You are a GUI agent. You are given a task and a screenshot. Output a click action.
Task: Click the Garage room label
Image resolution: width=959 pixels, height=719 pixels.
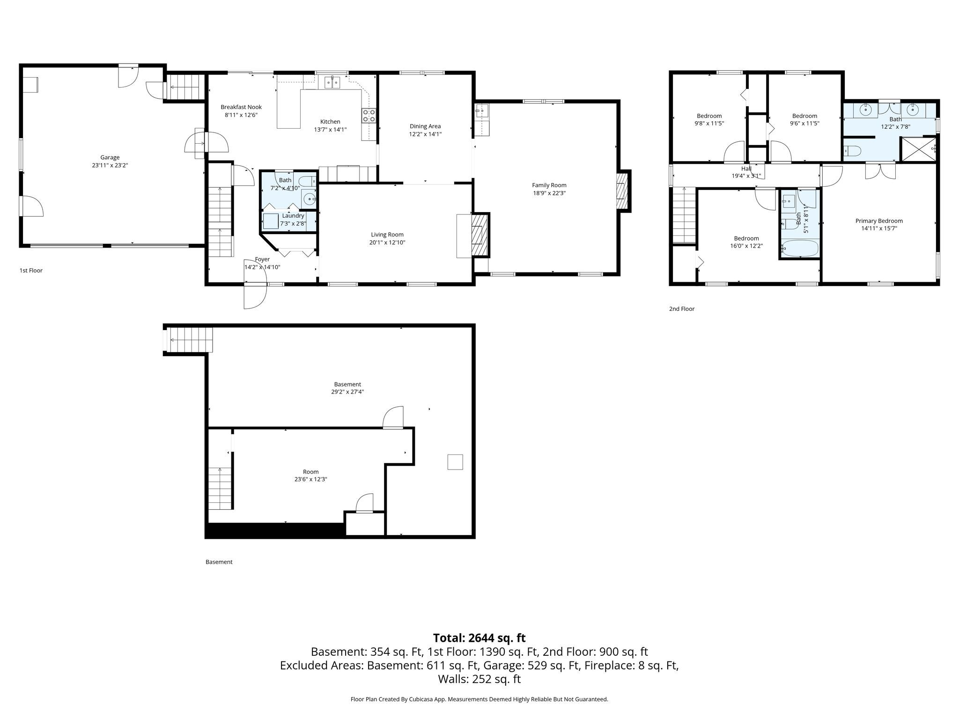(x=110, y=158)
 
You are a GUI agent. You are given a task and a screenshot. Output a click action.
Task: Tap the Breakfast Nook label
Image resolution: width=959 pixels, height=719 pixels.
(x=241, y=107)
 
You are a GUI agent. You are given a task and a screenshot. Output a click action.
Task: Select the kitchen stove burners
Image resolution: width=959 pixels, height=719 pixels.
(x=369, y=115)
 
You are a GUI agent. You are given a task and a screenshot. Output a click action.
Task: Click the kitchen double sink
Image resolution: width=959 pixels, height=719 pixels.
(x=332, y=82)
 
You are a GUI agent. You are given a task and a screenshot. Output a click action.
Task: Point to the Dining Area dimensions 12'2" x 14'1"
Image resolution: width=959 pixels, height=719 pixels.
(x=425, y=134)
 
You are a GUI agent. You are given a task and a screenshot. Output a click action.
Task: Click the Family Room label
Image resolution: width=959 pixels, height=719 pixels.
(x=549, y=185)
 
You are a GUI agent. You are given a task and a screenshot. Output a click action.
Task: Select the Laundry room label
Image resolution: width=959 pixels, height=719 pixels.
(x=293, y=216)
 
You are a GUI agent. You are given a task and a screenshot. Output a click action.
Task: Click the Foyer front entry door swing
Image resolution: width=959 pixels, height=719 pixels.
(x=255, y=296)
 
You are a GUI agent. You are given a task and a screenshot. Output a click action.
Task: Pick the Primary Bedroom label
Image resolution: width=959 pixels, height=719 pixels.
(x=879, y=221)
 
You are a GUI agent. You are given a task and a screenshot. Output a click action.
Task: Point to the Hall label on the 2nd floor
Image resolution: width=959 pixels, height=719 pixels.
(x=746, y=169)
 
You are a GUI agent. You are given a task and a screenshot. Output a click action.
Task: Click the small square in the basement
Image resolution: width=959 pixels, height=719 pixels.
(x=455, y=462)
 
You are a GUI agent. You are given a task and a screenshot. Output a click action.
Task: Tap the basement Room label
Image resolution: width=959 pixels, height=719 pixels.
(x=310, y=472)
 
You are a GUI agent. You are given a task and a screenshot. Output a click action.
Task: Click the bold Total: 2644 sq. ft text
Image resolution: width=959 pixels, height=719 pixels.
(x=479, y=638)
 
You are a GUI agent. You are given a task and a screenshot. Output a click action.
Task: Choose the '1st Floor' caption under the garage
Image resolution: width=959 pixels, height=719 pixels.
(x=31, y=271)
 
